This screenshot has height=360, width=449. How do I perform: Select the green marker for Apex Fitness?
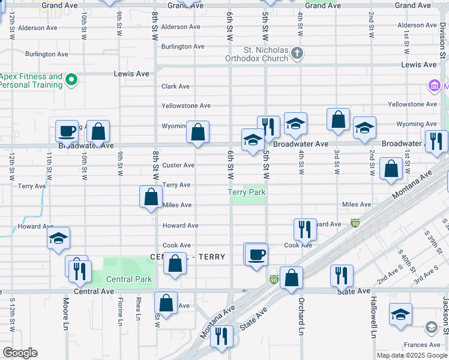click(x=71, y=80)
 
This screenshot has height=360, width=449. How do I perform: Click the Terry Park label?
click(x=246, y=192)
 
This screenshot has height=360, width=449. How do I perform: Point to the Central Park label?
click(x=129, y=279)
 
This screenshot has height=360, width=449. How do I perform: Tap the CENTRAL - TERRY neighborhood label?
click(x=187, y=257)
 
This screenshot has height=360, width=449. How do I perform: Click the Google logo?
click(x=20, y=353)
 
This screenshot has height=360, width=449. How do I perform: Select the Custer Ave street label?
click(x=178, y=165)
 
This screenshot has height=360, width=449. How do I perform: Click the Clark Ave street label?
click(x=176, y=86)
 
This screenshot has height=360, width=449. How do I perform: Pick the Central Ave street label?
click(x=94, y=292)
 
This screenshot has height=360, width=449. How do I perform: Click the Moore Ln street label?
click(x=65, y=316)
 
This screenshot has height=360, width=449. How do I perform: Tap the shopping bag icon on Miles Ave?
click(x=151, y=197)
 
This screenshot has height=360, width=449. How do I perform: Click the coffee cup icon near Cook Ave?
click(x=256, y=254)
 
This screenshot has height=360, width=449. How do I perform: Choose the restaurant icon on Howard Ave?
click(x=305, y=229)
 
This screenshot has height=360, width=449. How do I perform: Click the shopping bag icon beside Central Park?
click(x=175, y=264)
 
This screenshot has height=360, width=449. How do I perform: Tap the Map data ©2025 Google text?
click(x=412, y=355)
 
